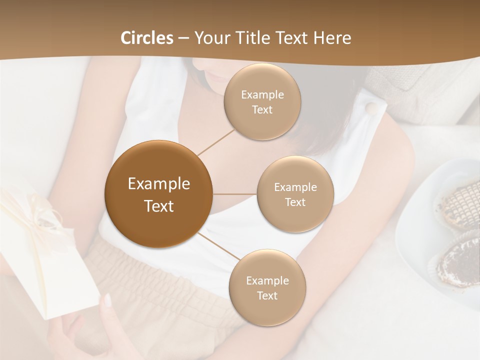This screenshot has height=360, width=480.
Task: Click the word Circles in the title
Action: (147, 38)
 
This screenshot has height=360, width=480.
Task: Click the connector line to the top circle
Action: (216, 141)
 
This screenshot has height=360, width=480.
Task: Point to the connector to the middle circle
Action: (234, 194)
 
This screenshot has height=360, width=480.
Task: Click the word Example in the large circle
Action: (159, 184)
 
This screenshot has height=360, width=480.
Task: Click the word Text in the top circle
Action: (262, 110)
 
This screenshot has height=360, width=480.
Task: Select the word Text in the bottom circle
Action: (267, 296)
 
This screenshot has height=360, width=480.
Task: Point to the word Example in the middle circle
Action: (295, 187)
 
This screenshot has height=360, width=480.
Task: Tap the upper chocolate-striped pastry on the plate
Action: (456, 205)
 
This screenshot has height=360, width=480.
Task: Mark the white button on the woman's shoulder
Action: (371, 107)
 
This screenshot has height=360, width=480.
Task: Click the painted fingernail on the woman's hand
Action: (107, 300)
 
